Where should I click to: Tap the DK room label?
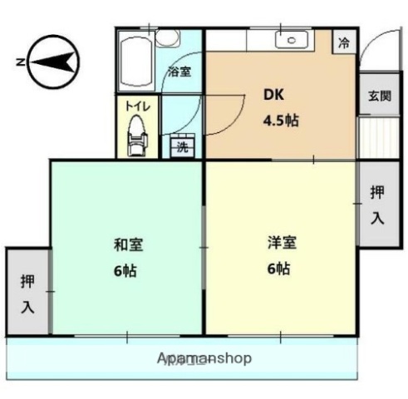click(x=274, y=95)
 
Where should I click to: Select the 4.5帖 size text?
click(x=281, y=120)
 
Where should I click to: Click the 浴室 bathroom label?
click(x=179, y=71)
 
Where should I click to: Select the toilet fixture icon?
click(x=136, y=136)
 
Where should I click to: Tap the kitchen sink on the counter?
click(x=294, y=39)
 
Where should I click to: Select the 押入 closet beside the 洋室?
click(x=376, y=204)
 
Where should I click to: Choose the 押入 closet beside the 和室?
click(x=27, y=293)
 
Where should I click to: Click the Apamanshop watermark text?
click(x=204, y=358)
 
